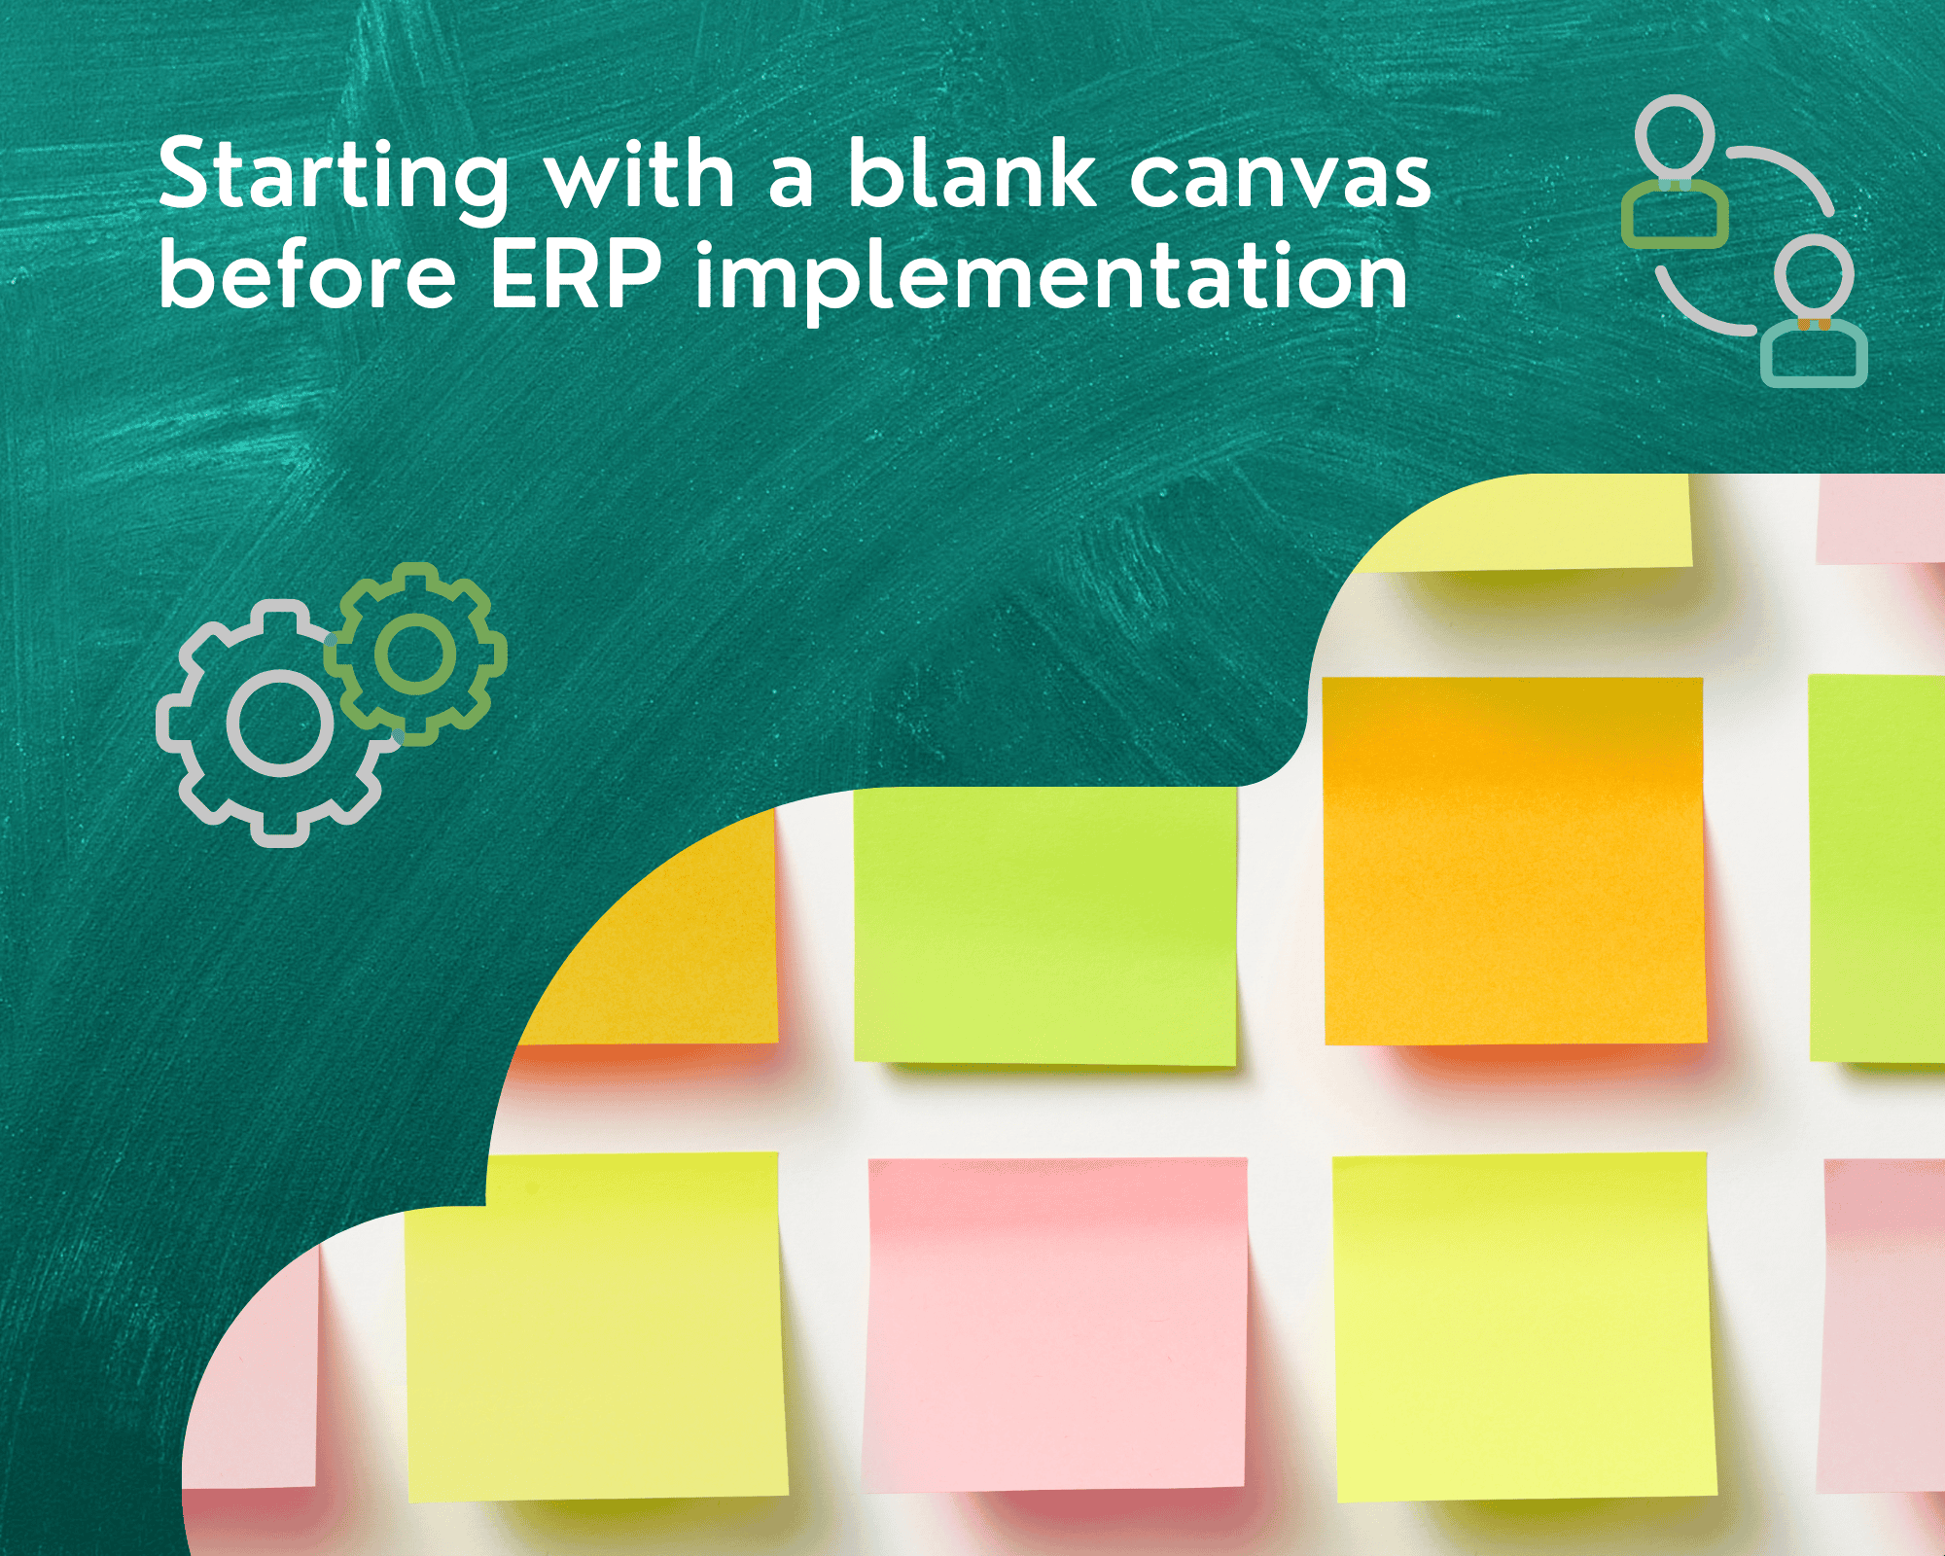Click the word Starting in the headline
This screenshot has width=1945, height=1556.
(334, 179)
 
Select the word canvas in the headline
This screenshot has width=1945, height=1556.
(1280, 181)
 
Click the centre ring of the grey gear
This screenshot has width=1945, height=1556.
(280, 724)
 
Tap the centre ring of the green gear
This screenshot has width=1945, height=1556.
(415, 654)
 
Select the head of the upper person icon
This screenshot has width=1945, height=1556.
(1674, 138)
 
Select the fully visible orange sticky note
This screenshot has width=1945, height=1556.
(1514, 862)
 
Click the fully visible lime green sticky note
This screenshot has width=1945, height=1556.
(1045, 926)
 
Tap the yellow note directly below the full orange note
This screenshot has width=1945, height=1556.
(1524, 1326)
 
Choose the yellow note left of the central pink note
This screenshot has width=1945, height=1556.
(596, 1326)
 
